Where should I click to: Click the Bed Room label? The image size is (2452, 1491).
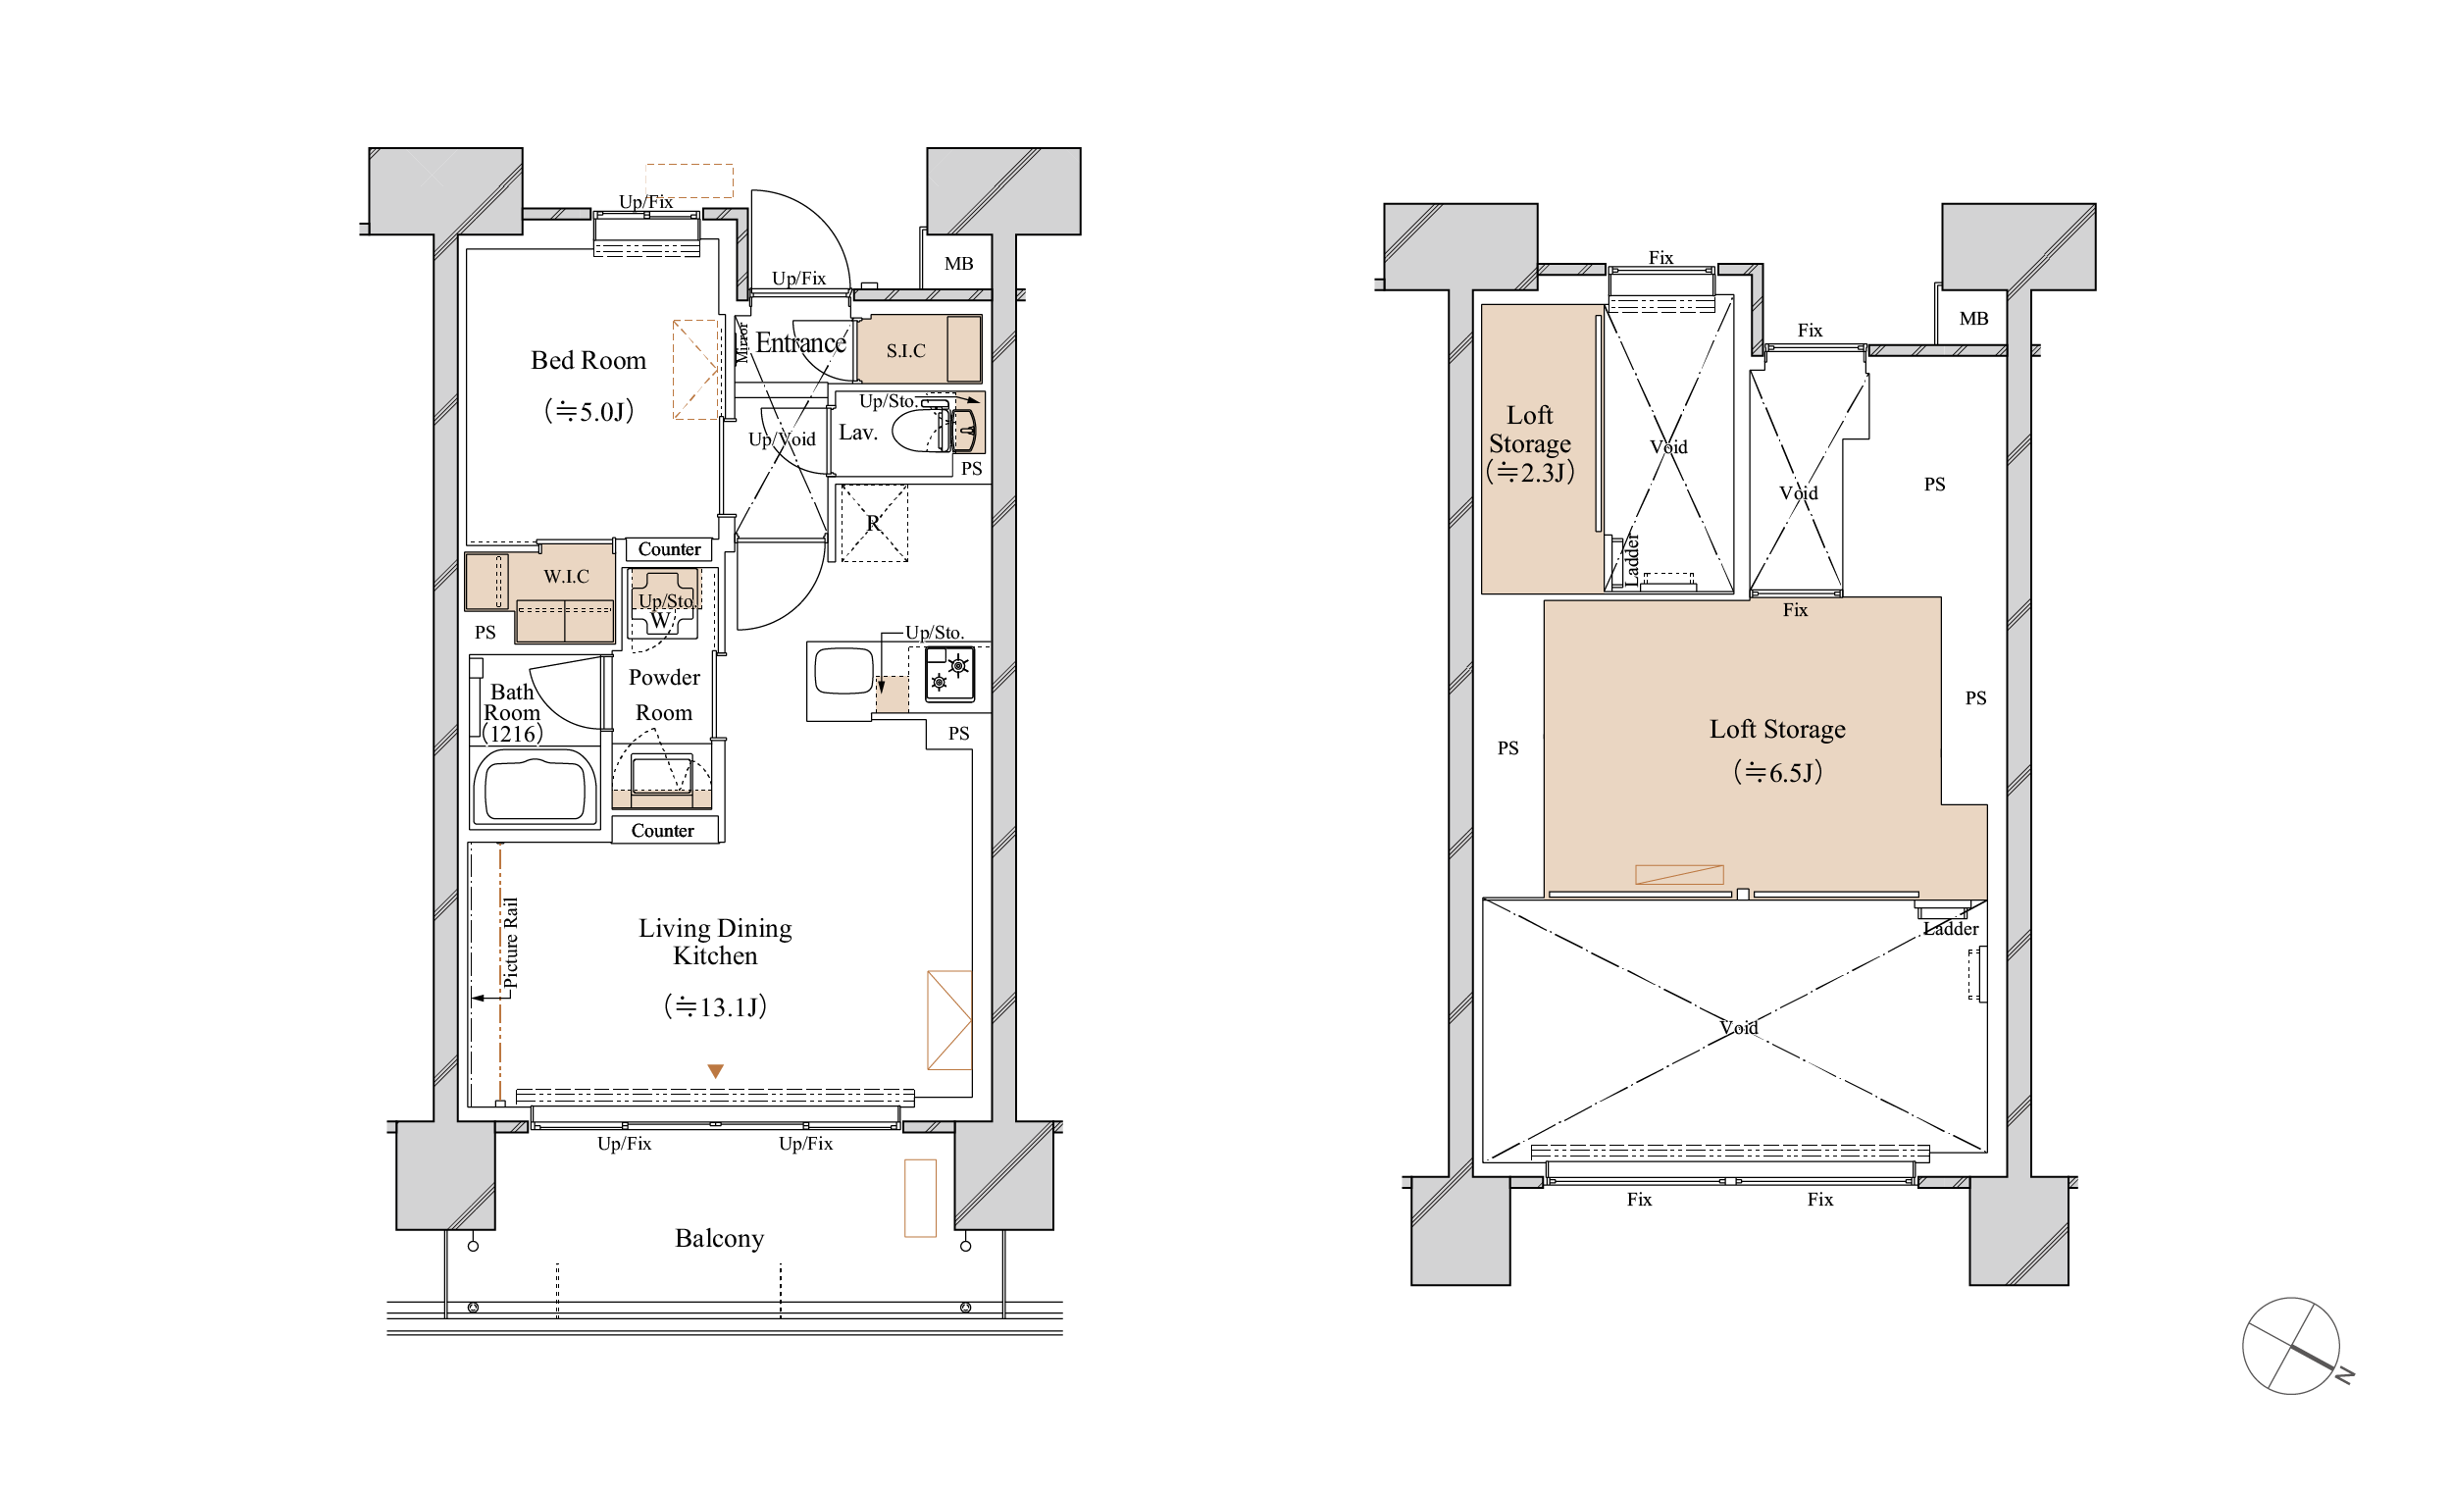[588, 360]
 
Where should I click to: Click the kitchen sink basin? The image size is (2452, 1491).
[843, 671]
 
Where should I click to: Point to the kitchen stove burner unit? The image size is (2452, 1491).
[949, 674]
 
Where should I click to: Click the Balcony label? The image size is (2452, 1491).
[719, 1238]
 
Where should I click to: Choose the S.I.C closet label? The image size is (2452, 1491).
[905, 350]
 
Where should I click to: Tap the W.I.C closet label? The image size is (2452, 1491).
[565, 577]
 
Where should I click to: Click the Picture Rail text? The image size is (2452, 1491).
[510, 944]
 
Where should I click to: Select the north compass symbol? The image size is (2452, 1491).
[2292, 1347]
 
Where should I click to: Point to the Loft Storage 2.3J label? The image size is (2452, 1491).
[1529, 443]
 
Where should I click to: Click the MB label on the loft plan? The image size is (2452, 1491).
[1973, 319]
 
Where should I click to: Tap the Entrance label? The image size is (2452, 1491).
[800, 343]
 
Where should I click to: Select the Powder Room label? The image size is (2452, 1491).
[664, 694]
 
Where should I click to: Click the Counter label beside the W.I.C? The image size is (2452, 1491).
[669, 549]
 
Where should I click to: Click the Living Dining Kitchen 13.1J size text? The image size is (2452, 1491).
[716, 1007]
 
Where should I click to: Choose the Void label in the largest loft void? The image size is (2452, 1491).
[1739, 1028]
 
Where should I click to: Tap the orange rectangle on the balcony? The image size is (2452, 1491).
[920, 1199]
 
